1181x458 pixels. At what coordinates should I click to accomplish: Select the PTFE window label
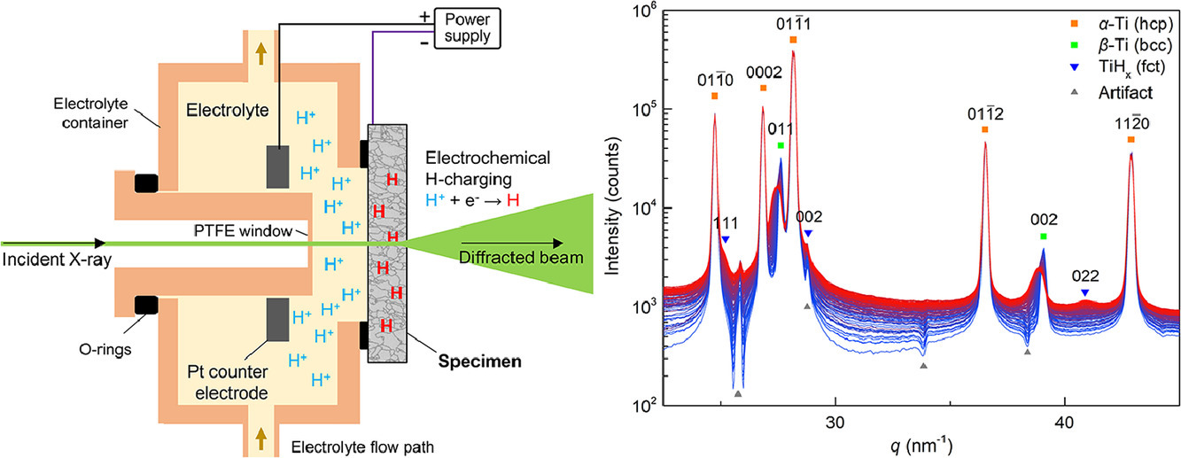pos(248,231)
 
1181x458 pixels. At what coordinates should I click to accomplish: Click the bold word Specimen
pos(485,361)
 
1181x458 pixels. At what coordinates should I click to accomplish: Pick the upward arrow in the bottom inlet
pos(260,435)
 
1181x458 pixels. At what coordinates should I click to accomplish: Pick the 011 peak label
pos(781,129)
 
